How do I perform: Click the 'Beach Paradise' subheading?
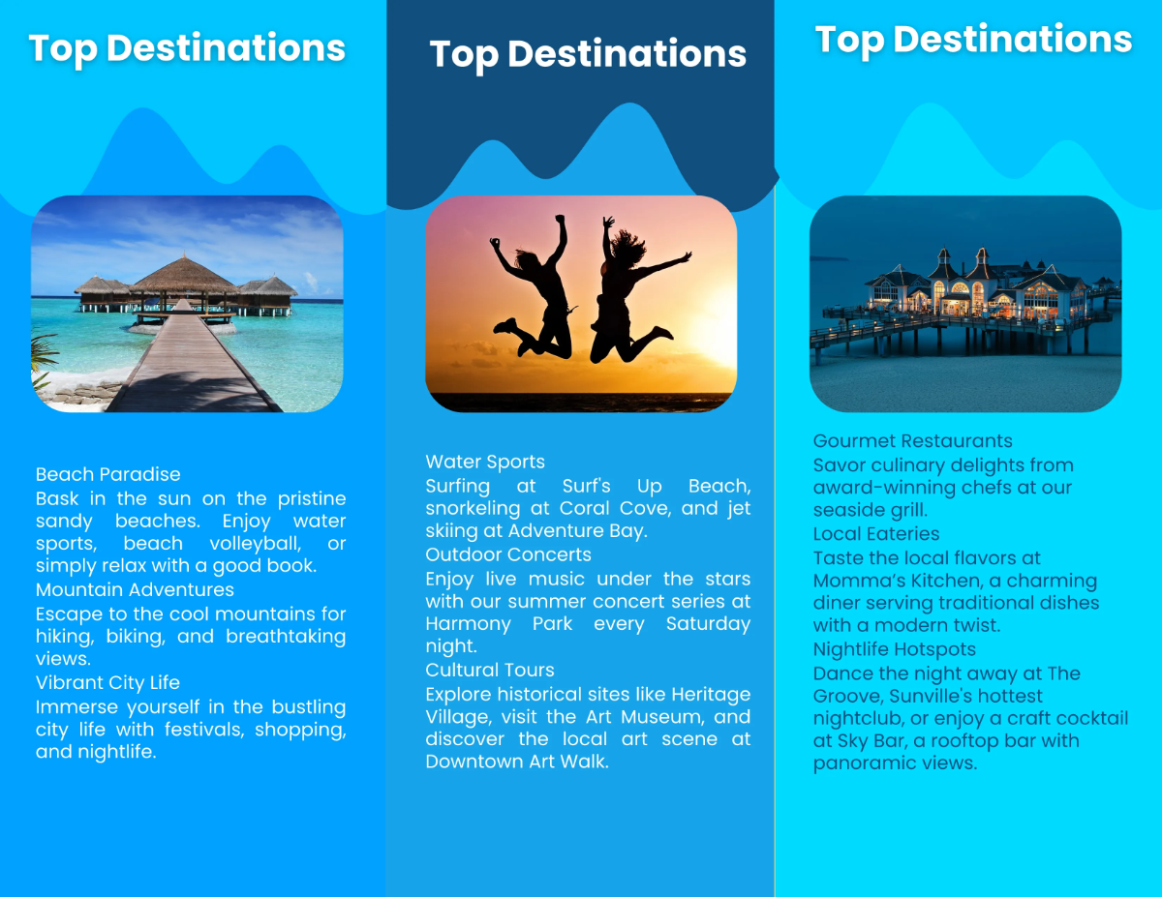pyautogui.click(x=107, y=474)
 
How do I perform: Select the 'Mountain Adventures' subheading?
pyautogui.click(x=135, y=589)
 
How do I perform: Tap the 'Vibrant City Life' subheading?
pyautogui.click(x=107, y=683)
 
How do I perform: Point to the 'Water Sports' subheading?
pyautogui.click(x=485, y=462)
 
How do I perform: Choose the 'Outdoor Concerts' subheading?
pyautogui.click(x=508, y=554)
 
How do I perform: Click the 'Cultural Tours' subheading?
pyautogui.click(x=489, y=670)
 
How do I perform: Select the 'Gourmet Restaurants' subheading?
pyautogui.click(x=912, y=441)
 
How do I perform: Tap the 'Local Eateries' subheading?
pyautogui.click(x=876, y=533)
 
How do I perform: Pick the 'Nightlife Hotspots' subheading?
pyautogui.click(x=894, y=649)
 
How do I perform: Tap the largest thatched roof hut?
pyautogui.click(x=184, y=276)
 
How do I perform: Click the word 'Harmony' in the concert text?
pyautogui.click(x=468, y=624)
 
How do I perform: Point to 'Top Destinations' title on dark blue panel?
pyautogui.click(x=588, y=54)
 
